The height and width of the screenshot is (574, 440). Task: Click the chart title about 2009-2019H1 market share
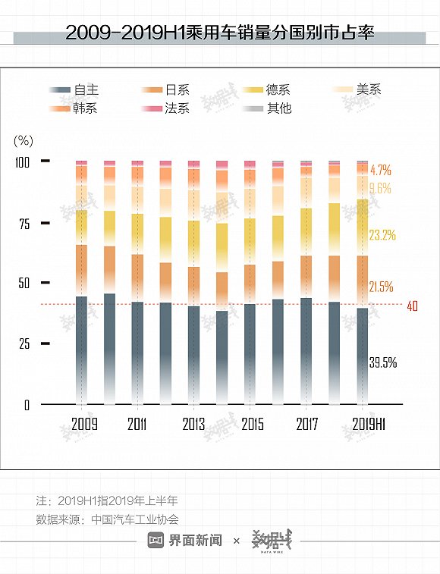(x=219, y=33)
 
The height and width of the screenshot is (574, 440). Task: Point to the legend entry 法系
(x=177, y=108)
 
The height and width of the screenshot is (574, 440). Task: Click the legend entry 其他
(x=278, y=108)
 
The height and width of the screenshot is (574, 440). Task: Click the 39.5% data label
(x=382, y=362)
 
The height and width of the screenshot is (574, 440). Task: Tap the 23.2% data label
(x=382, y=235)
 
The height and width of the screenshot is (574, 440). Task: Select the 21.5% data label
(x=381, y=287)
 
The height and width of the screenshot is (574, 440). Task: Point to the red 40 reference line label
(x=413, y=306)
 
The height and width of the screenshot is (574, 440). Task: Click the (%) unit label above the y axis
(x=24, y=140)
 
